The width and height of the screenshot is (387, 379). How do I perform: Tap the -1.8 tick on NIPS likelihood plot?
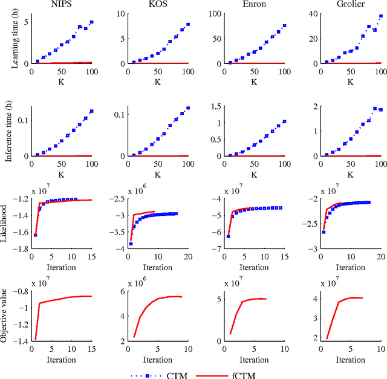(x=22, y=249)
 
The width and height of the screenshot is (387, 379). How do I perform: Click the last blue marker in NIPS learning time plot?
(x=91, y=22)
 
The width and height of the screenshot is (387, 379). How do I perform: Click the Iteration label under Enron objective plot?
(x=253, y=359)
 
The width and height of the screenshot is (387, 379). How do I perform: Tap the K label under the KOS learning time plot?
(x=158, y=80)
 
